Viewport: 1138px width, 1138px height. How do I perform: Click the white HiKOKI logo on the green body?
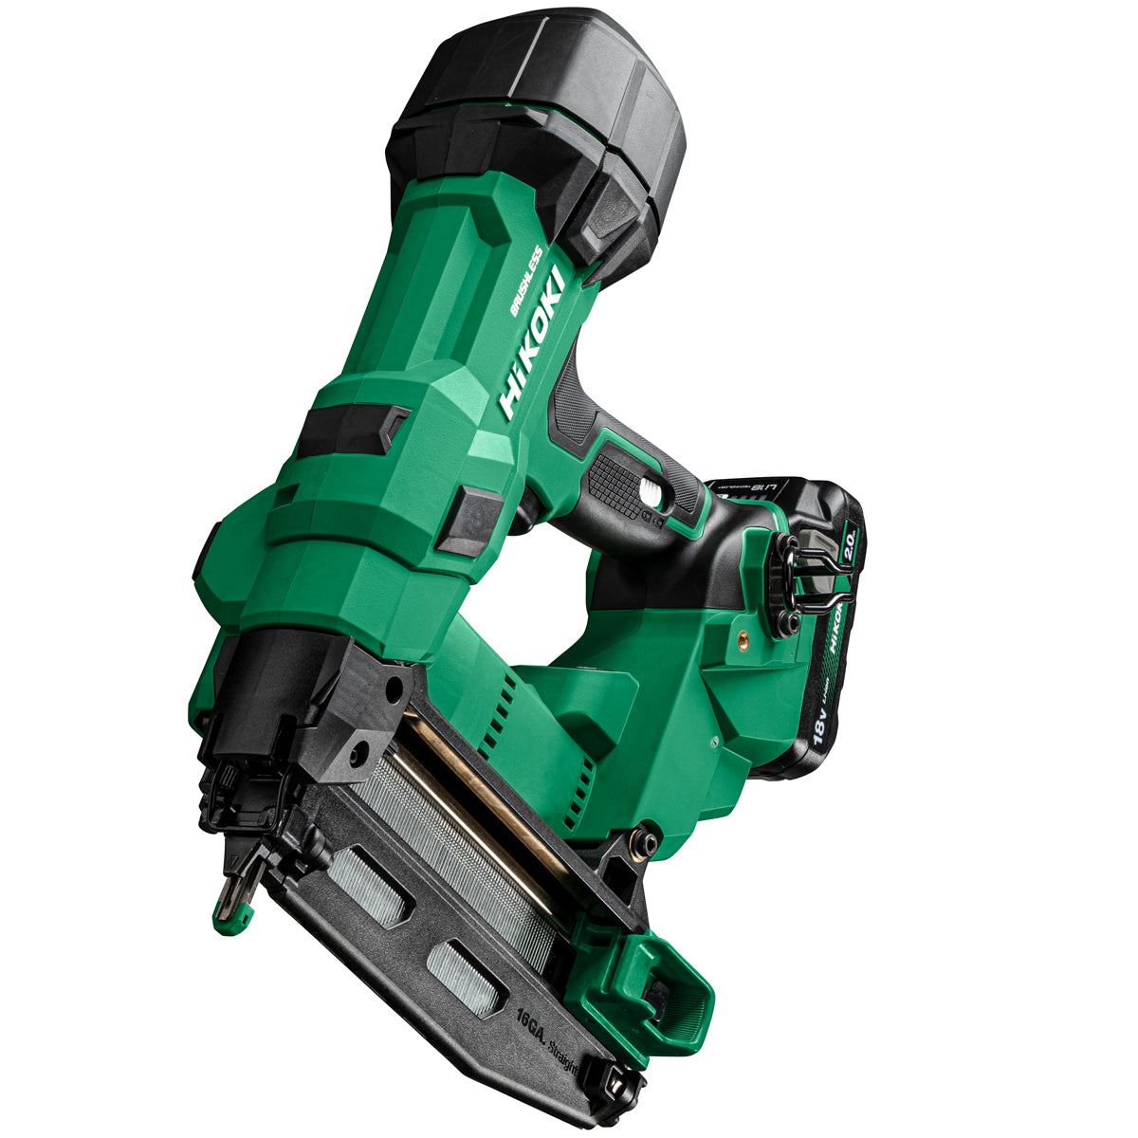pos(534,342)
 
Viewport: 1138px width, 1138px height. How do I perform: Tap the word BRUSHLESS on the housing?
pos(525,281)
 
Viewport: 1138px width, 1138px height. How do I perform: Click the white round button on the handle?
pos(651,490)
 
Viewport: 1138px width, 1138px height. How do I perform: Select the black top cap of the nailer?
pos(531,104)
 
